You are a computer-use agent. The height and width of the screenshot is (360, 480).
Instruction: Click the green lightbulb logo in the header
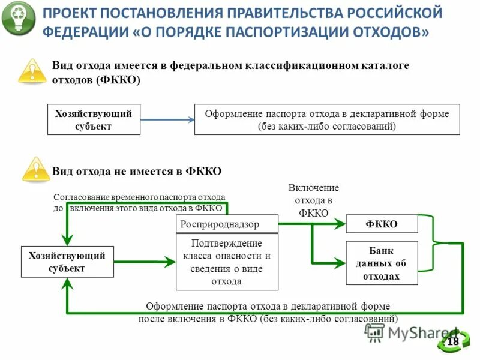(x=19, y=19)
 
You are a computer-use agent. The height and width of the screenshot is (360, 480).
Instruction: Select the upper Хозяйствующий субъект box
(x=94, y=119)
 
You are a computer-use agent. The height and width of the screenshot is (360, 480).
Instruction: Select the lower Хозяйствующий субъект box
(x=67, y=262)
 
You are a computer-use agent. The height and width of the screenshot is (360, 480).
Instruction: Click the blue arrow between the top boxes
(x=167, y=119)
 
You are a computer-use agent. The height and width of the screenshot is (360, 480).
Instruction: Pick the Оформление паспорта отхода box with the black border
(x=327, y=119)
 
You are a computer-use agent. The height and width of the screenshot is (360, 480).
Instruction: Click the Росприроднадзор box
(x=227, y=224)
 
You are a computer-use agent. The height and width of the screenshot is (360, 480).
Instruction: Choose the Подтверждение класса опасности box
(x=227, y=262)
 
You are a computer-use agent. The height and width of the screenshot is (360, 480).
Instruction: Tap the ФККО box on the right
(x=382, y=224)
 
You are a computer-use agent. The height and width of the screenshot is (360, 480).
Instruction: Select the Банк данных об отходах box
(x=382, y=263)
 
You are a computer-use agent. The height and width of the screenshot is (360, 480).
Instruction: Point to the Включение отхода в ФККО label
(x=313, y=200)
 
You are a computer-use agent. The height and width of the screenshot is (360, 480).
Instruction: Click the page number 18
(x=453, y=341)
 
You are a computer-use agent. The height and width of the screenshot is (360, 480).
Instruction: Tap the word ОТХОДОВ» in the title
(x=393, y=31)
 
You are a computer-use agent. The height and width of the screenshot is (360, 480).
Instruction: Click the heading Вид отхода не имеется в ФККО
(x=137, y=171)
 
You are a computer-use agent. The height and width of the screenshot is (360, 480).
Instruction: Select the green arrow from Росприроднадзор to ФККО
(x=312, y=224)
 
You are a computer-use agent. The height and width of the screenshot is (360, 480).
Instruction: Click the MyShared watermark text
(x=414, y=334)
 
